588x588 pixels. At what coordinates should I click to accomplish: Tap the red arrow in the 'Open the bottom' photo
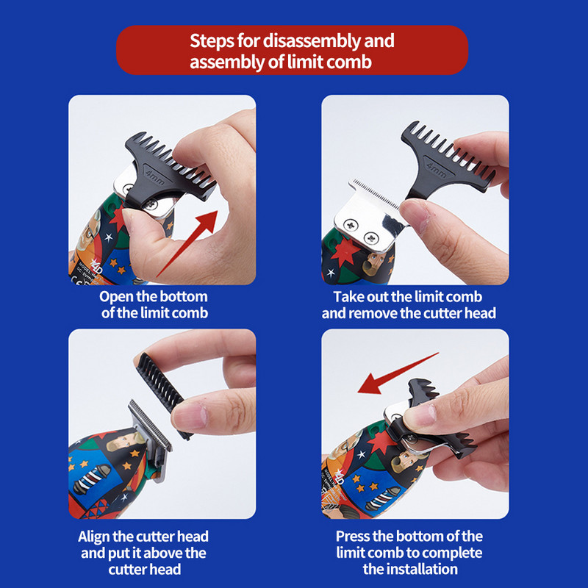[x=187, y=244]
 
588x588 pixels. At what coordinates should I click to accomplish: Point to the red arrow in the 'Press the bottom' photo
[x=398, y=373]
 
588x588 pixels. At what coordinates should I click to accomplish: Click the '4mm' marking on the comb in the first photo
[x=154, y=178]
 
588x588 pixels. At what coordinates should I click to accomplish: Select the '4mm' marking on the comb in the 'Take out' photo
[x=436, y=170]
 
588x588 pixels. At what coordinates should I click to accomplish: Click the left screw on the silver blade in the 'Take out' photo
[x=351, y=225]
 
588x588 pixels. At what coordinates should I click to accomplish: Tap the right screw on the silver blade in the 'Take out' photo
[x=371, y=237]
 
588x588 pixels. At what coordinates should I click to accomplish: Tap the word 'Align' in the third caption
[x=94, y=537]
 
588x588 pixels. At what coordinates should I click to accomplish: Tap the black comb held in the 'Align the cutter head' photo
[x=163, y=394]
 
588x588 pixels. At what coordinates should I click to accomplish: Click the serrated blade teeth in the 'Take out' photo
[x=375, y=194]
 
